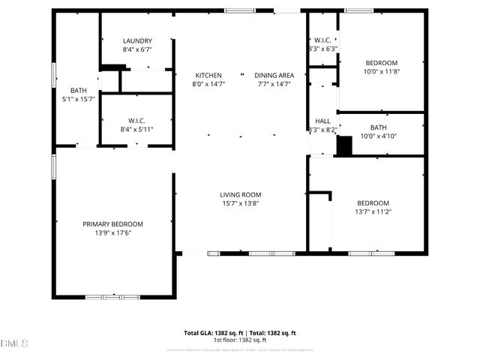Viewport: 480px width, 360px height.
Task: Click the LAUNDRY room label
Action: coord(138,41)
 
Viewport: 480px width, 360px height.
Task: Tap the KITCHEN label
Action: coord(208,75)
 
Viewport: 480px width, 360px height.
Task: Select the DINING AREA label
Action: coord(274,75)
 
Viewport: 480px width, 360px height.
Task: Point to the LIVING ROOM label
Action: coord(241,195)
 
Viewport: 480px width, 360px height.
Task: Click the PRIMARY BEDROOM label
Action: coord(112,224)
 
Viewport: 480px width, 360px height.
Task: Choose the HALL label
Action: coord(323,121)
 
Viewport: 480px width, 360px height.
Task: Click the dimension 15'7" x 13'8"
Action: coord(241,204)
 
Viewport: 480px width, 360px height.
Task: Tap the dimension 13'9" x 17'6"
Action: coord(112,233)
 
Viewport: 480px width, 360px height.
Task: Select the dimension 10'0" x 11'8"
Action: coord(382,72)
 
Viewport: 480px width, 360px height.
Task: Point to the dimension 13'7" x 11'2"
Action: coord(373,212)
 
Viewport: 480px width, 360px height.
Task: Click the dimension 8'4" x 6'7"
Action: coord(138,50)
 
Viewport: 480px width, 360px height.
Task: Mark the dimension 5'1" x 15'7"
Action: coord(79,99)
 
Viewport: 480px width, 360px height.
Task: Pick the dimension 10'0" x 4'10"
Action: coord(378,136)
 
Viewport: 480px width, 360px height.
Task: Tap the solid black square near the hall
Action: coord(343,146)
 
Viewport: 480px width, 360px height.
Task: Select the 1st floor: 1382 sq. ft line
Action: coord(240,340)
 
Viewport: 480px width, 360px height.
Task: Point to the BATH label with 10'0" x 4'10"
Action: coord(378,127)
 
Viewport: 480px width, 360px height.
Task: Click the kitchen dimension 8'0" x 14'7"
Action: coord(208,84)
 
